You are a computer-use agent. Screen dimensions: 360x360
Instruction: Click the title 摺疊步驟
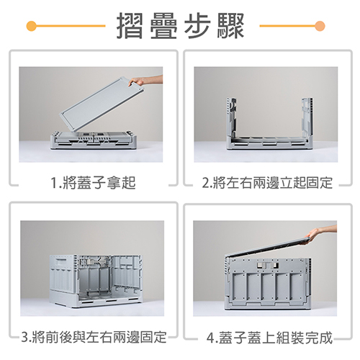coord(180,26)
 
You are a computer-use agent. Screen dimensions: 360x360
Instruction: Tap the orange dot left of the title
coord(32,26)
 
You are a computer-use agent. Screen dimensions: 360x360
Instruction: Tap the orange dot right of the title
coord(320,26)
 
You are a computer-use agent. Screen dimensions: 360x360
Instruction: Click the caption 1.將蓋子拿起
coord(94,183)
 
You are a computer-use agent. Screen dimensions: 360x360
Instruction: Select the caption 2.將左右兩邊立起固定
coord(267,183)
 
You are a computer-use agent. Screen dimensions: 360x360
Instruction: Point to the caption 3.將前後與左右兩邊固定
coord(94,337)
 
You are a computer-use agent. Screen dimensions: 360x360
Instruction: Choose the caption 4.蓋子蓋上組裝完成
coord(269,337)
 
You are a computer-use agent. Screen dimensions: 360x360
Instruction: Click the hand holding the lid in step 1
coord(145,81)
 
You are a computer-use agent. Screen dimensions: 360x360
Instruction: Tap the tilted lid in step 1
coord(102,104)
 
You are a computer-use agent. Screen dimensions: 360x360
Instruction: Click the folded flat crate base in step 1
coord(91,140)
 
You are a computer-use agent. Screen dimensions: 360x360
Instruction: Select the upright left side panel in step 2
coord(231,117)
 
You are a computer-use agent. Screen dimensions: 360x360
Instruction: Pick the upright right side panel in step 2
coord(307,117)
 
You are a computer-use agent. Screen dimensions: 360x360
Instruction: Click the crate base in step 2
coord(270,143)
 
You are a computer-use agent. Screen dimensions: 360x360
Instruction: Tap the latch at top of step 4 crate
coord(269,265)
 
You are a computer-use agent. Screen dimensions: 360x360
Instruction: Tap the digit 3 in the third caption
coord(24,337)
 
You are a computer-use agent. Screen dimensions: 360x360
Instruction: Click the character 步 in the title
coord(197,26)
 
